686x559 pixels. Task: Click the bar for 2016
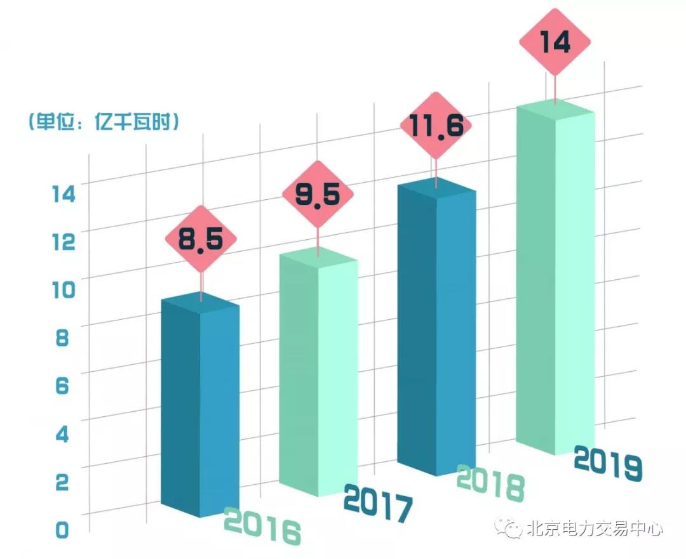click(x=199, y=406)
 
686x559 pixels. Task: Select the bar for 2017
click(x=318, y=374)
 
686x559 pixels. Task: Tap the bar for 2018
click(x=436, y=330)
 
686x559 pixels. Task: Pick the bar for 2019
click(x=555, y=279)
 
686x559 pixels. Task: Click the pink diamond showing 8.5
click(x=201, y=240)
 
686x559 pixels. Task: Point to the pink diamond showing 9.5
click(x=318, y=195)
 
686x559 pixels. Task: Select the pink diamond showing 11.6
click(x=436, y=126)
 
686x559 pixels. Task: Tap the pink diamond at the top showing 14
click(x=555, y=43)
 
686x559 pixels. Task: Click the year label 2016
click(x=262, y=526)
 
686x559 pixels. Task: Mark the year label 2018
click(x=491, y=482)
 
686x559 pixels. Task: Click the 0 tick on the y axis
click(x=61, y=529)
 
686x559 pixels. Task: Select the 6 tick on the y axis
click(x=61, y=385)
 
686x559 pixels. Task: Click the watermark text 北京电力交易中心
click(x=595, y=529)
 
